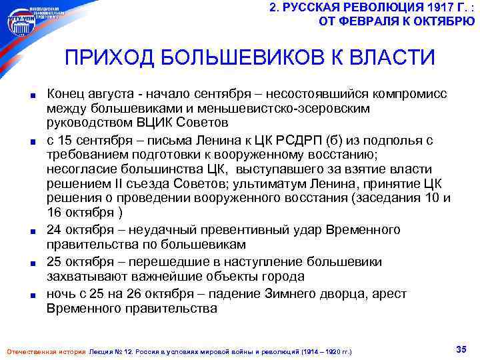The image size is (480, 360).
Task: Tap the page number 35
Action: click(x=459, y=349)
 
